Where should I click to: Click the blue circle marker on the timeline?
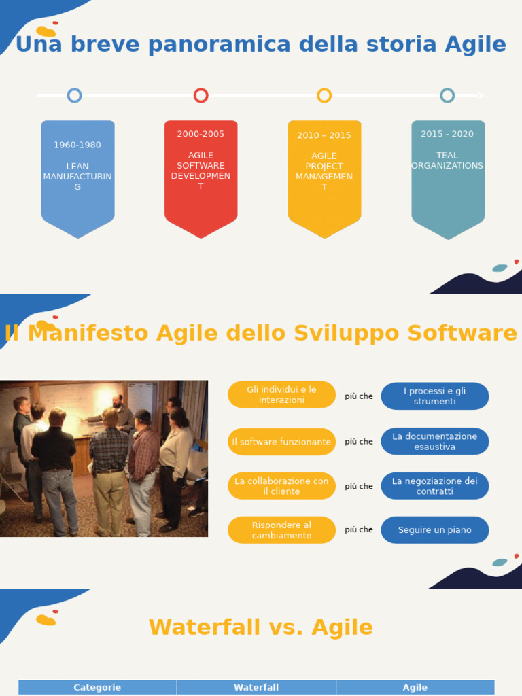click(75, 95)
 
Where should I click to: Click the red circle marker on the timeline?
click(201, 95)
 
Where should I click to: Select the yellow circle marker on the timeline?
click(324, 95)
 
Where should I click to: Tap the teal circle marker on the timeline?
click(447, 95)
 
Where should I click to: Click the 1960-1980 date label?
click(77, 145)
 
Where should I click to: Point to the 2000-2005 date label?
click(201, 134)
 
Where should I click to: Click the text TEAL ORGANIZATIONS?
click(447, 160)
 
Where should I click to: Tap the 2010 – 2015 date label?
click(324, 135)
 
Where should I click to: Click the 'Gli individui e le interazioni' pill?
click(281, 395)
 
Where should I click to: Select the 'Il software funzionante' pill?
click(281, 442)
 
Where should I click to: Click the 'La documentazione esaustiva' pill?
click(435, 442)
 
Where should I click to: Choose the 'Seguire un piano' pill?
click(435, 530)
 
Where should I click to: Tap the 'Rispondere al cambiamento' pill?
click(281, 530)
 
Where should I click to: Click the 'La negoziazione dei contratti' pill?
click(435, 486)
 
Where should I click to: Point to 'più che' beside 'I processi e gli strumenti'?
click(359, 396)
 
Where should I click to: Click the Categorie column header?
click(97, 687)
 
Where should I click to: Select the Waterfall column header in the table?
click(256, 687)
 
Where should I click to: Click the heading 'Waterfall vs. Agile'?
click(261, 627)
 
